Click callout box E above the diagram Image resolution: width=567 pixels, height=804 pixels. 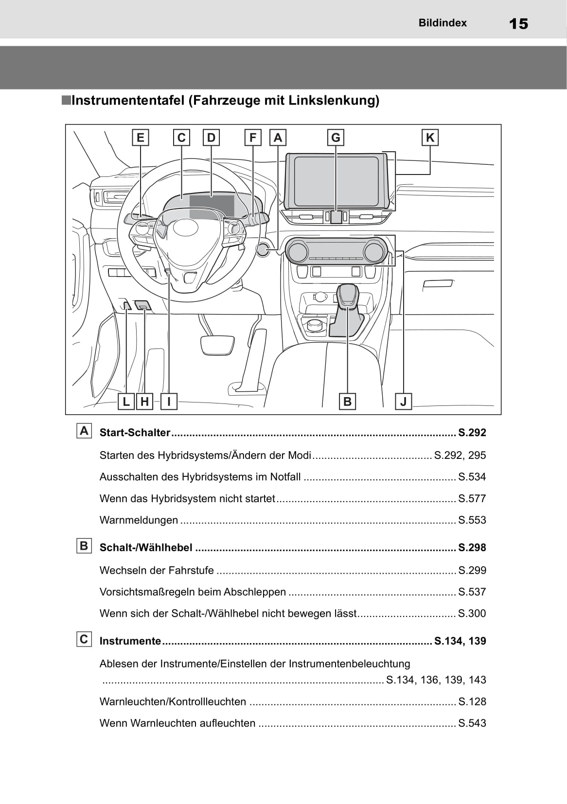click(141, 138)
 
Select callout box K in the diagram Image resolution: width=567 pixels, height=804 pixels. click(430, 138)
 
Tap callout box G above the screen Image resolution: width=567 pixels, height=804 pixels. click(336, 138)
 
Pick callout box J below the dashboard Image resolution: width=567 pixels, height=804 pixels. click(403, 402)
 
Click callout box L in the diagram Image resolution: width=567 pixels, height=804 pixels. click(126, 402)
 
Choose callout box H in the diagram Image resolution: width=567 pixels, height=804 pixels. click(144, 402)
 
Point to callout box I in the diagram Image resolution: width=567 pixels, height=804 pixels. click(169, 402)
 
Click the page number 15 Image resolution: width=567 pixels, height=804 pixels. click(518, 23)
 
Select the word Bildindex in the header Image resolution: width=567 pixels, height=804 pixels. click(443, 23)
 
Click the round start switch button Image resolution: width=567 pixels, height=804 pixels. click(263, 249)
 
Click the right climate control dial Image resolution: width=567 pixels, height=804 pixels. click(373, 251)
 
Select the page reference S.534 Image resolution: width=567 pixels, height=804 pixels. click(472, 477)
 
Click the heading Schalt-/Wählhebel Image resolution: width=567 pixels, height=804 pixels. click(146, 547)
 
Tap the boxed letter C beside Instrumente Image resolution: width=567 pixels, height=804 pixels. click(84, 639)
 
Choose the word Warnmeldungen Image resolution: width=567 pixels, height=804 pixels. click(139, 520)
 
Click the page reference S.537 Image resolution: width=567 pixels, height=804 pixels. click(472, 592)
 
